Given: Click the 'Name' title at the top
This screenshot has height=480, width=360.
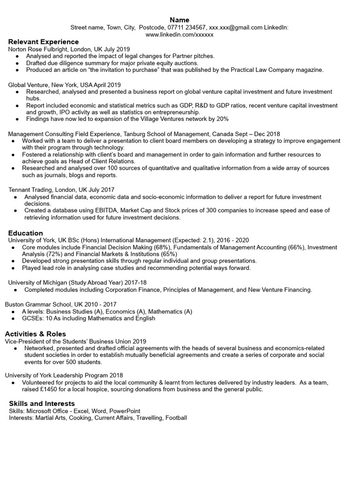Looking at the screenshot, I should point(180,20).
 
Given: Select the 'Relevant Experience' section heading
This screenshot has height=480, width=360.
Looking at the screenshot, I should point(44,42).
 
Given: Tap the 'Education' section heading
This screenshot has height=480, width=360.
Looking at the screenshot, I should point(26,233).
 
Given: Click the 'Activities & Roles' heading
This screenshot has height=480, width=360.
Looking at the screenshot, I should point(36,334).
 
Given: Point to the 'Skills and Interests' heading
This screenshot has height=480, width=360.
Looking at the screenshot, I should point(42,403).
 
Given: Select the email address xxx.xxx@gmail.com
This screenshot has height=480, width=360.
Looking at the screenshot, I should point(235,28).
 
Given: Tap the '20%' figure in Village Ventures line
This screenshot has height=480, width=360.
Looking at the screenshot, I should point(222,119).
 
